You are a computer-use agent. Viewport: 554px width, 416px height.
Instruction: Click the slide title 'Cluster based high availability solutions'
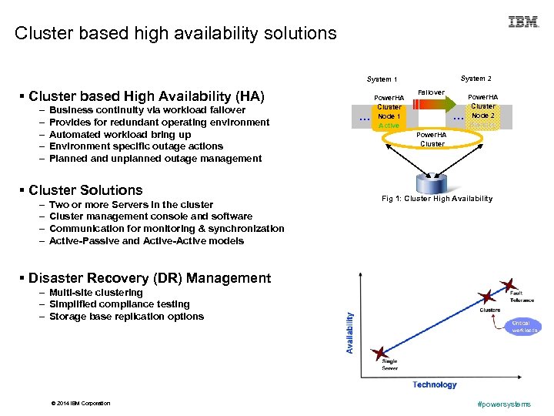click(x=175, y=34)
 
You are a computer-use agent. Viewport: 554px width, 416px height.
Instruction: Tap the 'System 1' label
click(x=382, y=79)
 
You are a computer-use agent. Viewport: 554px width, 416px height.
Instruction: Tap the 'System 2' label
click(x=476, y=79)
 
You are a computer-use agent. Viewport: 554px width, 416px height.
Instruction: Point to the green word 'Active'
click(x=389, y=126)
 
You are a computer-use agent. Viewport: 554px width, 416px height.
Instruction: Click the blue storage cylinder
click(x=431, y=183)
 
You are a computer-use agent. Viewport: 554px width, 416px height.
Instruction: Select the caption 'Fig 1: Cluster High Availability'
click(x=437, y=199)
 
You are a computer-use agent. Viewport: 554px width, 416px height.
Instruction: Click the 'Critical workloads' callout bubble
click(x=525, y=327)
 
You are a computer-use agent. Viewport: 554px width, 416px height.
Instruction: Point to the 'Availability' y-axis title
click(x=351, y=333)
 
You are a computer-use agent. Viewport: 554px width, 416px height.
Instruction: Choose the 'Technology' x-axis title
click(x=435, y=384)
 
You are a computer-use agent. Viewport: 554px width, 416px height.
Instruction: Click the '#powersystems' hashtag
click(x=504, y=404)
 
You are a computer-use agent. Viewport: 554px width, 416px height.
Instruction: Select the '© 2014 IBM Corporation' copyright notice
click(x=80, y=404)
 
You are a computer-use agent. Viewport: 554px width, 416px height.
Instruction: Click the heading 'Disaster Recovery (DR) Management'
click(x=149, y=278)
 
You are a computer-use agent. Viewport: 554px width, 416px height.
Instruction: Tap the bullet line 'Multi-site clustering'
click(x=95, y=293)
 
